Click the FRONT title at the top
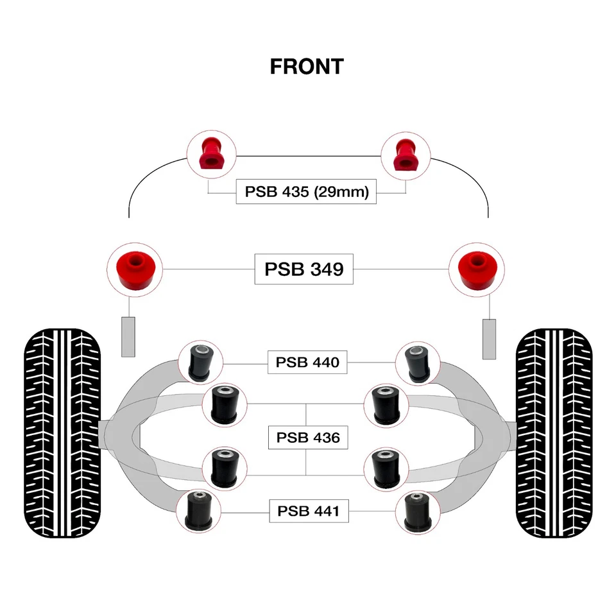(x=307, y=66)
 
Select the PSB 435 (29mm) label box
(x=307, y=192)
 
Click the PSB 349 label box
(x=304, y=269)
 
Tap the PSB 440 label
(x=303, y=363)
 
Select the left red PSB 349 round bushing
(x=134, y=269)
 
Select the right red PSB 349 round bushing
(x=476, y=269)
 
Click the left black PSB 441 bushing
(x=197, y=511)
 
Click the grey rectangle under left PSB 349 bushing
(x=128, y=337)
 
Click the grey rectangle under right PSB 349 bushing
(x=490, y=338)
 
